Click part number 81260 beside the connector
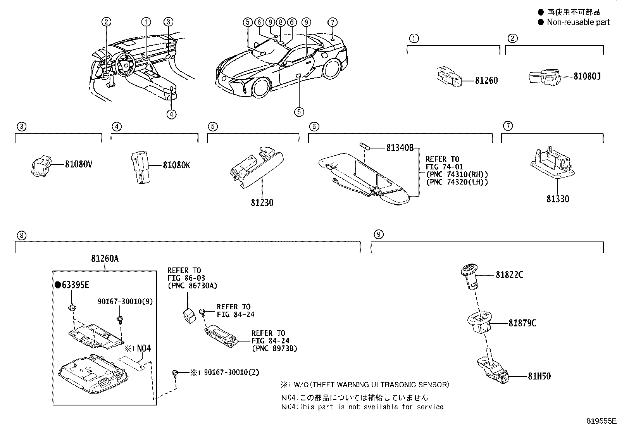coord(486,81)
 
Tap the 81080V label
coord(79,164)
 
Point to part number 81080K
coord(176,166)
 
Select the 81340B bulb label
coord(400,148)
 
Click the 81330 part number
coord(558,199)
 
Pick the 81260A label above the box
coord(105,259)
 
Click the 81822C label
coord(509,275)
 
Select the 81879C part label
coord(522,323)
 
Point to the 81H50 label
coord(539,376)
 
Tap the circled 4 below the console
coord(172,114)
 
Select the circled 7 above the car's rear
coord(333,22)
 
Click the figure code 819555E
coord(600,421)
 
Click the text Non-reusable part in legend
coord(578,22)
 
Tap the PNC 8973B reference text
coord(274,348)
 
